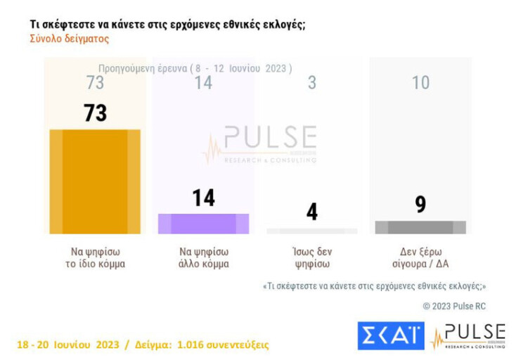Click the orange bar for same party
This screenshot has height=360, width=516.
point(95,181)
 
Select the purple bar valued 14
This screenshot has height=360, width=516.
point(203,224)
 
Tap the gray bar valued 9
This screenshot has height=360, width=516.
point(420,227)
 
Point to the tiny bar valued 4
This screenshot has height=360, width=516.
point(312,231)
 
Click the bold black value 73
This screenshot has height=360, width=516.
point(95,112)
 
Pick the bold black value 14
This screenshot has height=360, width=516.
point(203,198)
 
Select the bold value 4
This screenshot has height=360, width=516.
point(312,212)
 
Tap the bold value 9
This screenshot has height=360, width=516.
point(420,205)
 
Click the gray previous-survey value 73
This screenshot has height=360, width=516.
point(95,83)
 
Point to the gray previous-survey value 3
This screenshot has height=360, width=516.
point(312,83)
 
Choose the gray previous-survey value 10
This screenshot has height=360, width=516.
point(420,83)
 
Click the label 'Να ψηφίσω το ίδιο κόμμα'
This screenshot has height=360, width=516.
point(95,258)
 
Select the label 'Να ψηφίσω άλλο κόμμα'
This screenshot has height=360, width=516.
point(203,258)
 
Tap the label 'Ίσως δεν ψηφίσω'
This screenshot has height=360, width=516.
point(312,258)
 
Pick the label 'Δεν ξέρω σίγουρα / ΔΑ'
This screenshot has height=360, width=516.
point(420,258)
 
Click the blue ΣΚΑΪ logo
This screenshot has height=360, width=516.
point(391,335)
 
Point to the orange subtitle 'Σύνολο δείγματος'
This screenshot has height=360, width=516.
point(69,39)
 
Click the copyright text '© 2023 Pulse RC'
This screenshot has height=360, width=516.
point(453,306)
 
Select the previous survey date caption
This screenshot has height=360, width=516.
point(195,68)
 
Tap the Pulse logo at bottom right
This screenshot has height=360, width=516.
point(468,336)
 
